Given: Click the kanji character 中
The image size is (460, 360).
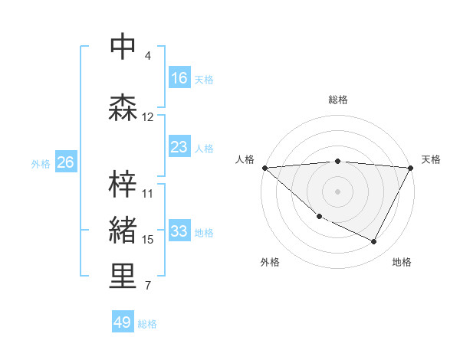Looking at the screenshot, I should pyautogui.click(x=123, y=47).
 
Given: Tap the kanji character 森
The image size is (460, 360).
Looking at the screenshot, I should pyautogui.click(x=123, y=108).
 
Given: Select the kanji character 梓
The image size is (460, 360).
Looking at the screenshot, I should pyautogui.click(x=123, y=185).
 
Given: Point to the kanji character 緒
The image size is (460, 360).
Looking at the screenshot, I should pyautogui.click(x=123, y=231).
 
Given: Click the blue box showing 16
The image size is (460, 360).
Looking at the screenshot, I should pyautogui.click(x=179, y=78).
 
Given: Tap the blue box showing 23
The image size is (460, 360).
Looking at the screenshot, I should pyautogui.click(x=179, y=147).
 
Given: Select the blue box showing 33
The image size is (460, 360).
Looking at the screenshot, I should pyautogui.click(x=179, y=231).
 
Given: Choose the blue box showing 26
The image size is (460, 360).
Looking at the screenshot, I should pyautogui.click(x=66, y=162).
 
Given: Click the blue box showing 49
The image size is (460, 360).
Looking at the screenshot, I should pyautogui.click(x=123, y=322).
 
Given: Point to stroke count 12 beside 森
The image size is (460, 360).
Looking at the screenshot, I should pyautogui.click(x=148, y=117).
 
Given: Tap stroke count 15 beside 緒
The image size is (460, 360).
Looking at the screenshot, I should pyautogui.click(x=148, y=240).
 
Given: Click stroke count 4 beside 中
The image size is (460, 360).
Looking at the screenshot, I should pyautogui.click(x=148, y=56).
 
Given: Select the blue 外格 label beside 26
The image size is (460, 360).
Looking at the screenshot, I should pyautogui.click(x=41, y=163).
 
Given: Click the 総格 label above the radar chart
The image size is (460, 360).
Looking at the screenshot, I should pyautogui.click(x=338, y=100).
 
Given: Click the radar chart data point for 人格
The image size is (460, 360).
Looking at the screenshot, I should pyautogui.click(x=264, y=168).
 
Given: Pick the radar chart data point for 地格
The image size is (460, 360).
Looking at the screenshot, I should pyautogui.click(x=374, y=242).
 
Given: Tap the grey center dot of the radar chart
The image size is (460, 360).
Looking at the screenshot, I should pyautogui.click(x=338, y=191).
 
